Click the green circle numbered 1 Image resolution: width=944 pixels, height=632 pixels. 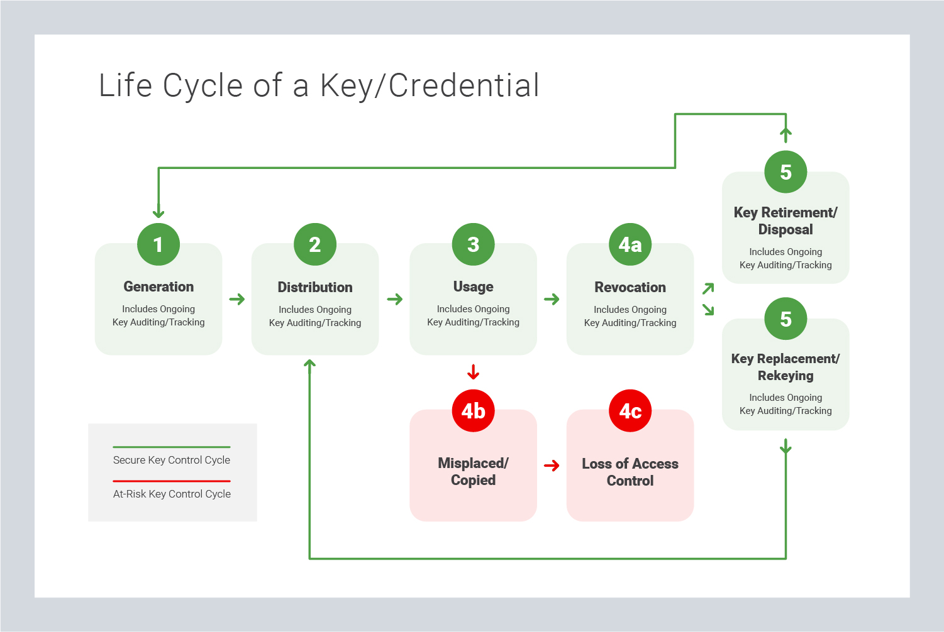point(158,244)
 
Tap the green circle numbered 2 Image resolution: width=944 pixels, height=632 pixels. point(315,244)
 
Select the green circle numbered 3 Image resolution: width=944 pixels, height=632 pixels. point(473,244)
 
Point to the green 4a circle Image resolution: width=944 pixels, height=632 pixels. point(630,244)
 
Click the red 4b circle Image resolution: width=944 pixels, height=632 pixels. point(473,411)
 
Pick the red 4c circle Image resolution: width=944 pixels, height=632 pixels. point(630,411)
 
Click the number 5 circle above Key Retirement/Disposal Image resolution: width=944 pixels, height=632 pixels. point(786,172)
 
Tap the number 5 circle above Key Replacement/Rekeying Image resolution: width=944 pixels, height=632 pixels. point(786,319)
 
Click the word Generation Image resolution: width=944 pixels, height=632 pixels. point(158,287)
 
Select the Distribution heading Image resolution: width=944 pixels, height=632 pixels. point(315,288)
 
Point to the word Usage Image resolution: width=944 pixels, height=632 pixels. point(473,287)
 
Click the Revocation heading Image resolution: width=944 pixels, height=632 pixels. point(630,288)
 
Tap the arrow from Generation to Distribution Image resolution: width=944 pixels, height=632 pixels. point(237,299)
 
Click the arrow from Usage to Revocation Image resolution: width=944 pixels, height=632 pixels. point(552,299)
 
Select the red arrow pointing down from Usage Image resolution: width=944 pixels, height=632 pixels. point(474,372)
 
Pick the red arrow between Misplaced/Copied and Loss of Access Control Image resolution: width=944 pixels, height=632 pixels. point(552,466)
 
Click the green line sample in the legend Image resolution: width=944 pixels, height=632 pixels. point(171,447)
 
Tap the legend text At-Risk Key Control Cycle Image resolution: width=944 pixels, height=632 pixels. point(172,494)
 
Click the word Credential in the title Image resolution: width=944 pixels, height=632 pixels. point(464,85)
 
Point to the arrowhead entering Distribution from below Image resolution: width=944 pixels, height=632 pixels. point(309,364)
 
